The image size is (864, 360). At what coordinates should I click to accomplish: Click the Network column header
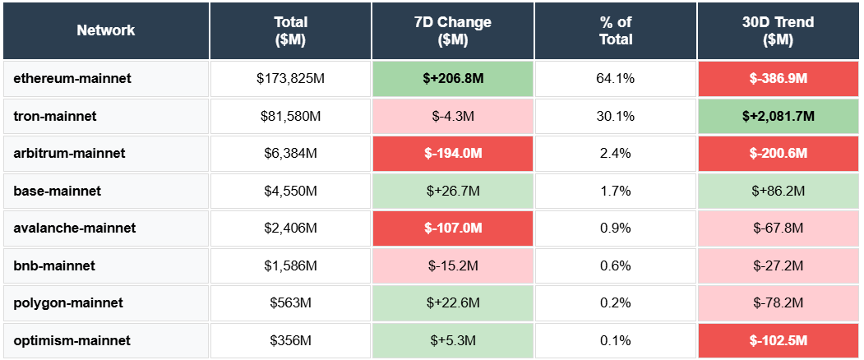click(106, 30)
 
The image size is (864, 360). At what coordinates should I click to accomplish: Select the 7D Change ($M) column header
click(452, 30)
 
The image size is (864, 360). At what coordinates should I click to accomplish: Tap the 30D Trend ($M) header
click(778, 30)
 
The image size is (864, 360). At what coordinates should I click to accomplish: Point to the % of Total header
click(615, 30)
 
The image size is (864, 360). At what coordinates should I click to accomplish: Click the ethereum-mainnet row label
click(72, 79)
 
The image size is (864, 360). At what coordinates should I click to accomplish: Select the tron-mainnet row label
click(55, 117)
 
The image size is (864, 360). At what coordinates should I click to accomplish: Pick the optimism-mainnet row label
click(72, 340)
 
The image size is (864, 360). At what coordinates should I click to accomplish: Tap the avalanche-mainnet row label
click(75, 228)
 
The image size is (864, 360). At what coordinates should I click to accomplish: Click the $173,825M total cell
click(290, 79)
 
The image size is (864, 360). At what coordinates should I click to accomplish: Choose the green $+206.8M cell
click(452, 79)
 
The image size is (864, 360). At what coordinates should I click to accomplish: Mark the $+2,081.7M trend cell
click(778, 117)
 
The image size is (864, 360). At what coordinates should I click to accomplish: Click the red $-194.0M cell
click(452, 154)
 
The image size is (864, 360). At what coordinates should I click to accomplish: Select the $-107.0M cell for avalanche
click(452, 228)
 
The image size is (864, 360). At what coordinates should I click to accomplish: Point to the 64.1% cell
click(615, 79)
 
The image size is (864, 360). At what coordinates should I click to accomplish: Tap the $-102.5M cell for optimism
click(778, 340)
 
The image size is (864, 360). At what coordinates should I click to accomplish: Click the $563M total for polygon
click(290, 302)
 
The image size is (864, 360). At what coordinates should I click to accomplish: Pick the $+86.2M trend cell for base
click(778, 191)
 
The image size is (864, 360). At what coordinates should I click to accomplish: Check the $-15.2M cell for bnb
click(452, 265)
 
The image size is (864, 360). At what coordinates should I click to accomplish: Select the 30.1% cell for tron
click(615, 117)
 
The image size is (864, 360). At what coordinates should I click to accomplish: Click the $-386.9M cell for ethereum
click(778, 79)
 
